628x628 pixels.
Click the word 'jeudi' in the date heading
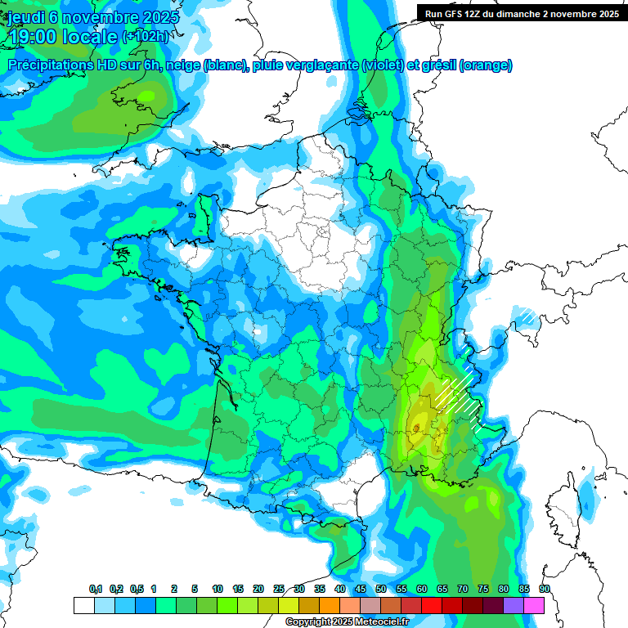(25, 17)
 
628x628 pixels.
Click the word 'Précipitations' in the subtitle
(50, 65)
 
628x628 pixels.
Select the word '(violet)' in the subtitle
(382, 65)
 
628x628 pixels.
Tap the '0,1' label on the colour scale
(95, 590)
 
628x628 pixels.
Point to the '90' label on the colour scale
(545, 590)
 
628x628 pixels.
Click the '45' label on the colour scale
(361, 590)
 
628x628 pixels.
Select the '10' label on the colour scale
(218, 590)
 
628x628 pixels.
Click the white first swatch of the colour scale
(83, 605)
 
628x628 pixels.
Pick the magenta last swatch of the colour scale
(533, 605)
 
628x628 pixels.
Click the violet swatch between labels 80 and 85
(513, 605)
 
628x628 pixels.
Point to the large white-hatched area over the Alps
(458, 397)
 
